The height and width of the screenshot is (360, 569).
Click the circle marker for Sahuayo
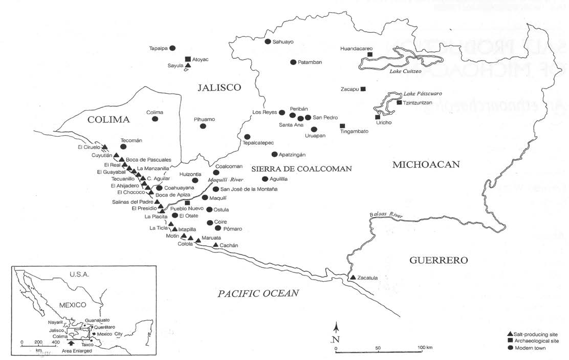coord(268,41)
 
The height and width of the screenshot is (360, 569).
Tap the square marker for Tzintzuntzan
coord(399,103)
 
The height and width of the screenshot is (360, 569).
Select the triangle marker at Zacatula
coord(352,278)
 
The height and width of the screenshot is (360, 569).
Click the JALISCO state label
coord(219,88)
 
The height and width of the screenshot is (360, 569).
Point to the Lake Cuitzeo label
coord(406,71)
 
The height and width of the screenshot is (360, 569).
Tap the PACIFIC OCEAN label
coord(258,293)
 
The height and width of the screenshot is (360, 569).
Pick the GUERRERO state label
coord(439,260)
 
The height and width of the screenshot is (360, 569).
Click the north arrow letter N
coord(336,340)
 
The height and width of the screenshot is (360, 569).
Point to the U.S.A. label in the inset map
coord(79,274)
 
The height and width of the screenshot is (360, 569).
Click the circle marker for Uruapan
coord(314,129)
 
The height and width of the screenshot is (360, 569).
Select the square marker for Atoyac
coord(188,59)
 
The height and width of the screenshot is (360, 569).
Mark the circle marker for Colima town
coord(155,119)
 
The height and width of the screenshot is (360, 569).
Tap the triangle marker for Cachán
coord(215,245)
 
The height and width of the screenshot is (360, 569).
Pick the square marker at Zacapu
coord(363,89)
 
